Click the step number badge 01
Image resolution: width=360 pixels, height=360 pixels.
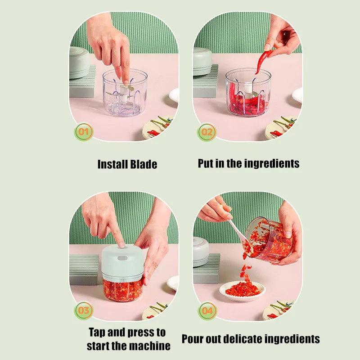[84, 132]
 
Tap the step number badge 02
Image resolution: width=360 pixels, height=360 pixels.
[207, 132]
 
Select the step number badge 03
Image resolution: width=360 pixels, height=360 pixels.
[84, 310]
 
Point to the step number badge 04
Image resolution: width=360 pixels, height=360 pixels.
[207, 310]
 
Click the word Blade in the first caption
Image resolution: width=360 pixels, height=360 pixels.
[144, 164]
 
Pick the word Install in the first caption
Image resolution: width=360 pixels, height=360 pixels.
[112, 164]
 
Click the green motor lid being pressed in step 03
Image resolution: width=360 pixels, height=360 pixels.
[122, 261]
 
